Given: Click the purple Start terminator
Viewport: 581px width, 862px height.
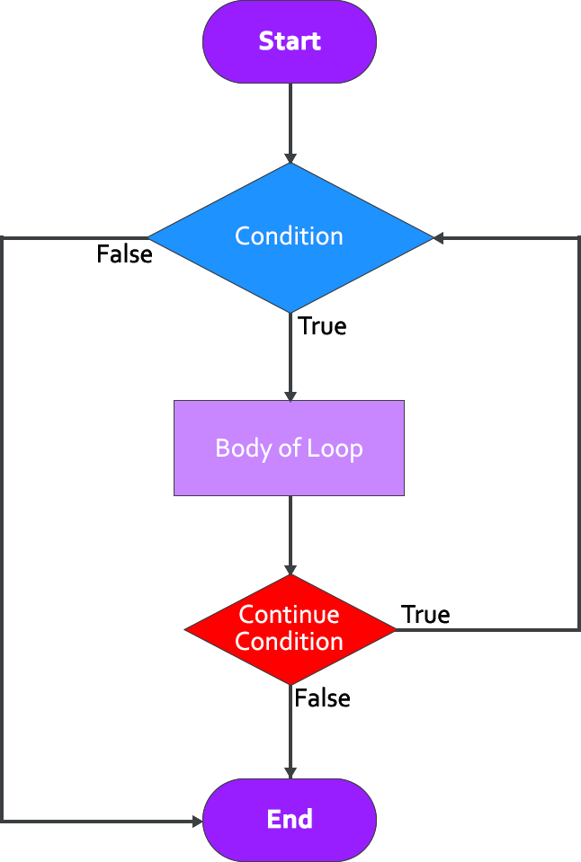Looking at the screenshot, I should click(290, 41).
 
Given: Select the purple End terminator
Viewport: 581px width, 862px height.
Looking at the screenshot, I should click(290, 819).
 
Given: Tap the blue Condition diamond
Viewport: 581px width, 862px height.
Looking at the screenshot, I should click(290, 236).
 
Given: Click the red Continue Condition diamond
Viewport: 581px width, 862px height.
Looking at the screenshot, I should click(290, 629).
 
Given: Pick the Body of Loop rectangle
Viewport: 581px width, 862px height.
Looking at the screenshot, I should click(289, 448).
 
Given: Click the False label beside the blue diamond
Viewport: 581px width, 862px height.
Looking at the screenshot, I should click(124, 254).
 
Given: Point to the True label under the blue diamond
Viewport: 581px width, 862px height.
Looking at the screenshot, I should click(322, 325).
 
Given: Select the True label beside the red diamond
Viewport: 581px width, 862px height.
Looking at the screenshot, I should click(425, 615).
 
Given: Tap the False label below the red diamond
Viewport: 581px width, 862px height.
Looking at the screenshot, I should click(322, 698).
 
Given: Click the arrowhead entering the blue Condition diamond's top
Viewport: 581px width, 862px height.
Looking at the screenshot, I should click(290, 158).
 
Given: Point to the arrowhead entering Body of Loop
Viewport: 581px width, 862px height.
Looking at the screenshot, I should click(290, 395).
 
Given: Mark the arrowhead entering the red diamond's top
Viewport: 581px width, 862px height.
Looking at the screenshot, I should click(290, 570).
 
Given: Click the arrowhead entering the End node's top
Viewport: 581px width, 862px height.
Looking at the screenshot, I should click(290, 773).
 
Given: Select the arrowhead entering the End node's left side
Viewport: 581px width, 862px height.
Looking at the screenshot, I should click(197, 820).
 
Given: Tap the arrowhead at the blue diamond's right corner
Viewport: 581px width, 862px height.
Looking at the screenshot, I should click(438, 238).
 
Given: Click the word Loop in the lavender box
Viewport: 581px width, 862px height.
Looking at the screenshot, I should click(337, 448).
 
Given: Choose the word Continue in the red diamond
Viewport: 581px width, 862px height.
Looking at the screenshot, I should click(290, 616).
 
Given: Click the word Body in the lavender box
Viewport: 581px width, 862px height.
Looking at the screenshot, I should click(237, 448).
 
